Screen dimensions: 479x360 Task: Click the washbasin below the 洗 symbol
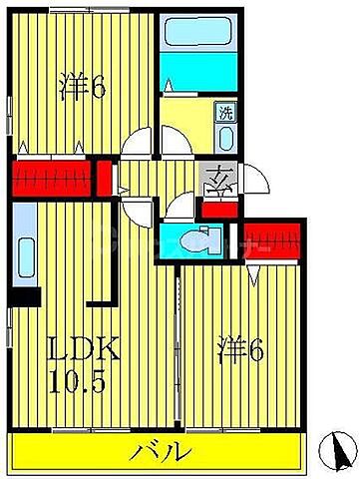(225, 136)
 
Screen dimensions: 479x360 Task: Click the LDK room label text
(86, 351)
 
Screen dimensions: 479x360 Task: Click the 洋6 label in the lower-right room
(242, 350)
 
